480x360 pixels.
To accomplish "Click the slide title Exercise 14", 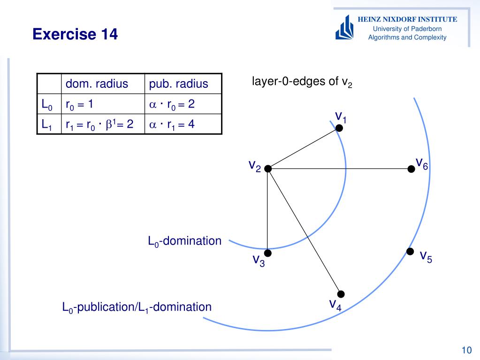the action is click(x=75, y=34).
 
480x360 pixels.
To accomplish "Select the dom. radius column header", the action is click(x=97, y=84).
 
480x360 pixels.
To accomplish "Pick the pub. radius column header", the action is click(x=178, y=84).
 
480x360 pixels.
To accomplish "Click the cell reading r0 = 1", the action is click(x=80, y=104).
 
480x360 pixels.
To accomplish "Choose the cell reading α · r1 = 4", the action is click(x=172, y=124).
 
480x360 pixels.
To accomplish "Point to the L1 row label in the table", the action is click(x=47, y=125).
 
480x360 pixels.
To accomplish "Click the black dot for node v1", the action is click(x=339, y=128).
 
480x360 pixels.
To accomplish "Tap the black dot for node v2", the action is click(x=268, y=169).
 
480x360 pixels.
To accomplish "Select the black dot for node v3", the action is click(x=267, y=253).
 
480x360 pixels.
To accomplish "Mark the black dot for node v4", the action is click(x=341, y=294).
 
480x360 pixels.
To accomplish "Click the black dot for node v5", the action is click(x=410, y=252).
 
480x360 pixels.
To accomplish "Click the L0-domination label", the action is click(x=184, y=241).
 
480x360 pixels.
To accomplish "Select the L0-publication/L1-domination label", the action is click(x=137, y=307).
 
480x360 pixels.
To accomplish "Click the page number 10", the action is click(x=466, y=350).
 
